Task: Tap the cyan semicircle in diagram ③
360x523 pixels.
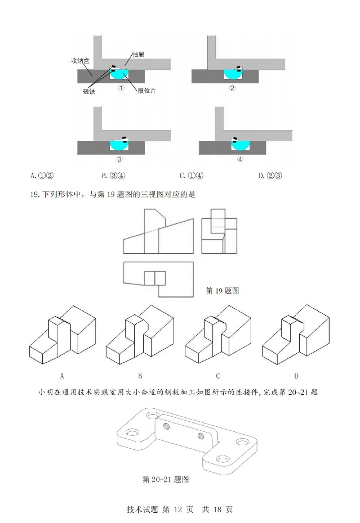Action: (119, 145)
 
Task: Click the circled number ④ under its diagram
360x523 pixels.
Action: (240, 159)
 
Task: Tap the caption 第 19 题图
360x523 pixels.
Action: (222, 291)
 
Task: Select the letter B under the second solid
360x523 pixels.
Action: (140, 375)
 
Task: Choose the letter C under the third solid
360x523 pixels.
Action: (218, 375)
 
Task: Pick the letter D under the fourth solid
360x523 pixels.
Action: (296, 375)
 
